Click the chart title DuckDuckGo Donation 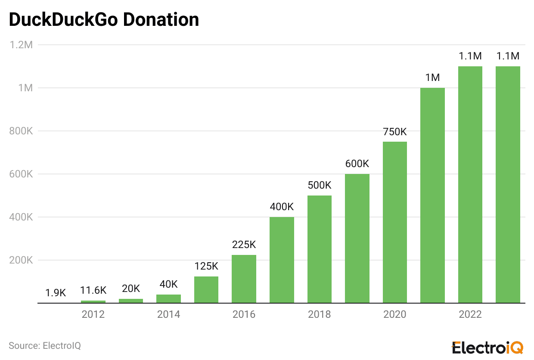104,20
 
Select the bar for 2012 93,301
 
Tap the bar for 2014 168,298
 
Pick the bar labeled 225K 244,279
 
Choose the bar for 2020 394,222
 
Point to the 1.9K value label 56,293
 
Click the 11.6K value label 93,290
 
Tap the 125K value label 206,266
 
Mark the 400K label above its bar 282,207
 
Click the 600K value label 357,164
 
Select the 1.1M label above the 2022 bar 470,56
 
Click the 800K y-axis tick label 21,131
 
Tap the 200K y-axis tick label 21,260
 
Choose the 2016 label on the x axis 244,314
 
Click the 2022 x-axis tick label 470,314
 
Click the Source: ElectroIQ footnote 45,345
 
